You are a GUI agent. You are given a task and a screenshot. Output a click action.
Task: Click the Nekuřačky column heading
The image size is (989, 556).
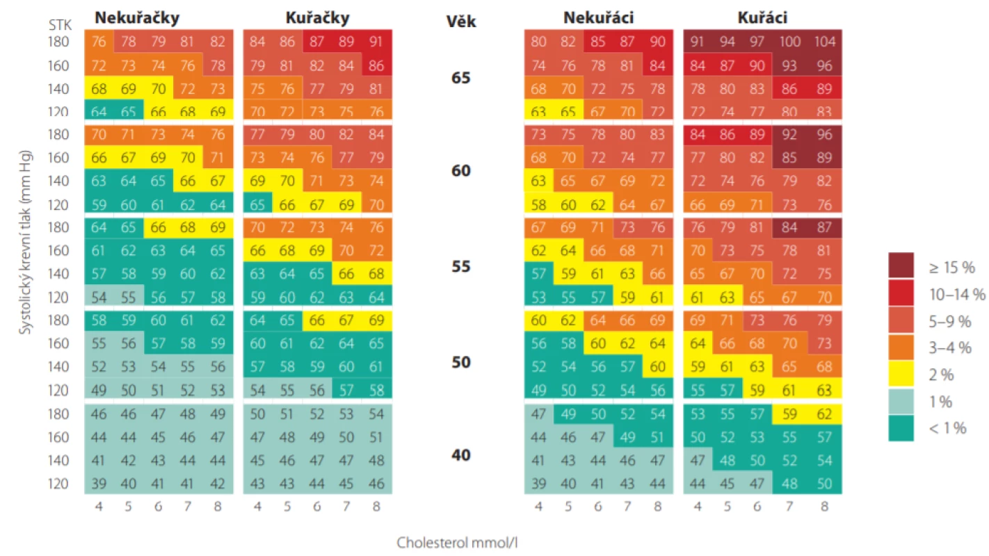[137, 17]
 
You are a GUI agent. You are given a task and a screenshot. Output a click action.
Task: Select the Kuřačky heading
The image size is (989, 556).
[317, 17]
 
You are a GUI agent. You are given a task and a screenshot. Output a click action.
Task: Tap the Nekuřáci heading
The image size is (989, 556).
[598, 17]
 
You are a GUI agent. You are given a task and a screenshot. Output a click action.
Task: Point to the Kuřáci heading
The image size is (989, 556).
[762, 17]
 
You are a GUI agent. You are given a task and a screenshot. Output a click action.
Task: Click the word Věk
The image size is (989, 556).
[461, 21]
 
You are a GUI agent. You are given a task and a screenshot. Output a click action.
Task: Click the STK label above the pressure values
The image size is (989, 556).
[60, 25]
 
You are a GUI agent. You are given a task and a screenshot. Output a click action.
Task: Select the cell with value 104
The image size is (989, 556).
[824, 42]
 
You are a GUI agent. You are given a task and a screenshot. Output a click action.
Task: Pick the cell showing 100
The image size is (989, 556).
[789, 42]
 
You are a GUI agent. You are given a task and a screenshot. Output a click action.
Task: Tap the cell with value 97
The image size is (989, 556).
[757, 42]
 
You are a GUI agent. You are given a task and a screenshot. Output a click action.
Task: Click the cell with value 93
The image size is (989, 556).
[789, 66]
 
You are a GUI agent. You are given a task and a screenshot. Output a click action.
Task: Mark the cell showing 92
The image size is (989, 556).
[789, 134]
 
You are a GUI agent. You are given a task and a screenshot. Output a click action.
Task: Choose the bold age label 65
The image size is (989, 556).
[461, 78]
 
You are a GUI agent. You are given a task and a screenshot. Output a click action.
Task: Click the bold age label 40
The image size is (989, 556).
[461, 455]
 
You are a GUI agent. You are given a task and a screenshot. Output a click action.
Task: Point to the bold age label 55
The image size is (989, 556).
[461, 266]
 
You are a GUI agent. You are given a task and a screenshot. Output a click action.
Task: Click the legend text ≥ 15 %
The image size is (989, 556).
[951, 268]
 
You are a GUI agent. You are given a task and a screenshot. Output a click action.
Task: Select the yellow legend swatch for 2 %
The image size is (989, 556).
[901, 374]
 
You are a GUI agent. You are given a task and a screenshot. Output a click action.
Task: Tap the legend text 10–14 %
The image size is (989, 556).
[957, 294]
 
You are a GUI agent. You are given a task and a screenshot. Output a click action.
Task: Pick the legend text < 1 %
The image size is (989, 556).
[947, 428]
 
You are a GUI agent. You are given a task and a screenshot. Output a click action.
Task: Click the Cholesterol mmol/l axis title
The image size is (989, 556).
[457, 543]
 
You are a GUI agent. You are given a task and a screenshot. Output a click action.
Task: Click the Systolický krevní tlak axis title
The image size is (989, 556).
[25, 243]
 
